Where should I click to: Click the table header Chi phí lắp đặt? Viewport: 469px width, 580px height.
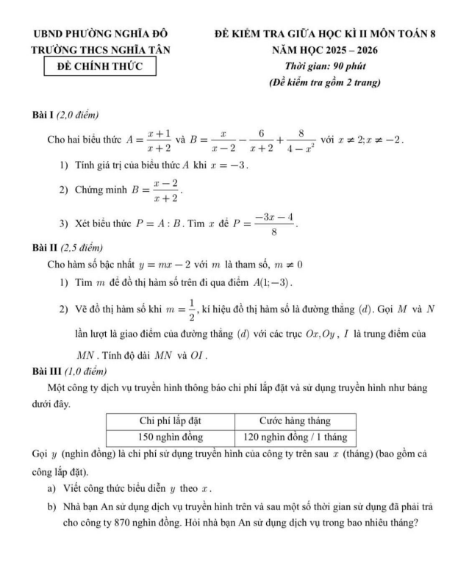(x=171, y=420)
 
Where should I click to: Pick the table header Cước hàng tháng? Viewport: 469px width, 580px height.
(x=295, y=420)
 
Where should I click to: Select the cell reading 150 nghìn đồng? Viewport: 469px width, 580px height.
(x=171, y=437)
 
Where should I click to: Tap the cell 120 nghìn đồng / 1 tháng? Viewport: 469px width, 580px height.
(x=295, y=437)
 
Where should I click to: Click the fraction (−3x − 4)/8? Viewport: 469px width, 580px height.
(x=274, y=224)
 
